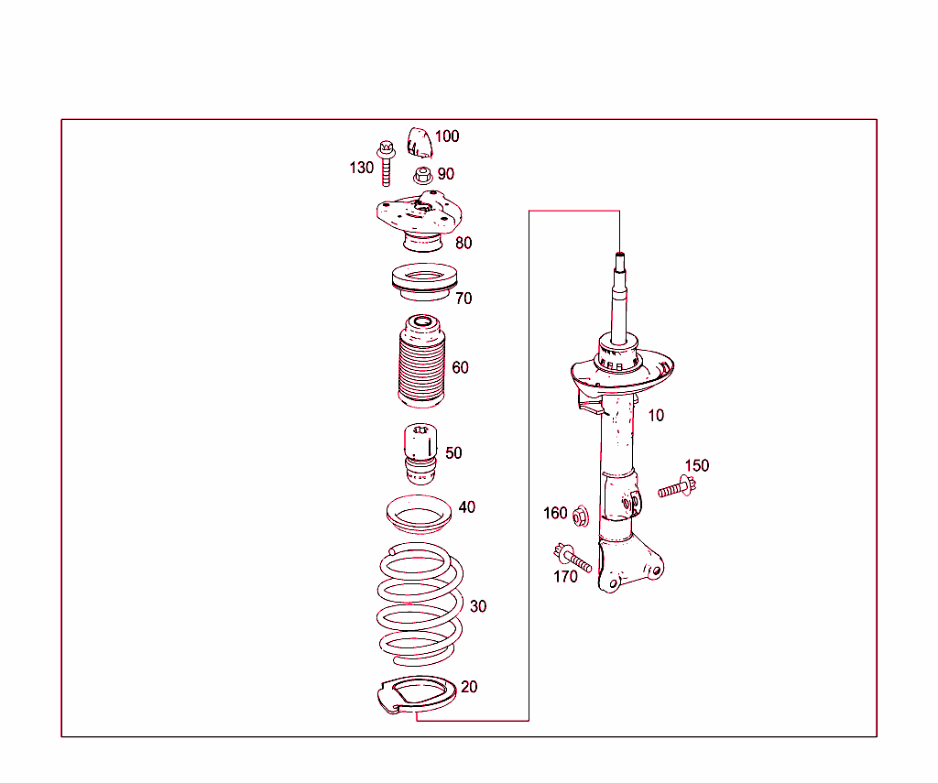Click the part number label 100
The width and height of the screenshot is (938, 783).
pyautogui.click(x=447, y=136)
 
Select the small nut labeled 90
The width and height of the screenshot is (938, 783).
pyautogui.click(x=422, y=174)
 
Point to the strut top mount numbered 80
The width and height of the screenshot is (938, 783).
pyautogui.click(x=419, y=223)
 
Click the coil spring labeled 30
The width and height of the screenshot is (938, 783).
pyautogui.click(x=420, y=604)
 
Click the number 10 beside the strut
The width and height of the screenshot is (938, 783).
pyautogui.click(x=656, y=416)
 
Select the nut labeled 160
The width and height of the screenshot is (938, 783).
pyautogui.click(x=580, y=517)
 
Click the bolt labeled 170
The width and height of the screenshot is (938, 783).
pyautogui.click(x=572, y=557)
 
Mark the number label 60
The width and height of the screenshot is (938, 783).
pyautogui.click(x=460, y=368)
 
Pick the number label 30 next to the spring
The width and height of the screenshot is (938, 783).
pyautogui.click(x=478, y=606)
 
